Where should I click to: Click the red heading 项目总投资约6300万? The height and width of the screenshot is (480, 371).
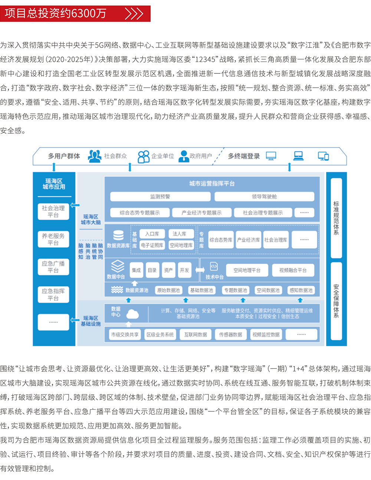coord(56,14)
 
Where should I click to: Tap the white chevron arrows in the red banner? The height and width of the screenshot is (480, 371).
coord(134,14)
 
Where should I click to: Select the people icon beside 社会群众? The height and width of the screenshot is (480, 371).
coord(95,156)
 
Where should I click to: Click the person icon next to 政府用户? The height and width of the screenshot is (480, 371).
coord(183,156)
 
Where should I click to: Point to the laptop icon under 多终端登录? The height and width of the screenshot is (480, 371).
coord(298,156)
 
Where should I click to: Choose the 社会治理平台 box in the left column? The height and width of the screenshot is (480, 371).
coord(53,212)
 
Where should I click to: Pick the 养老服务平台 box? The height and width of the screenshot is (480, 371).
coord(53,239)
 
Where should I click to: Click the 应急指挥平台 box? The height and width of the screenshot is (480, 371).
coord(53,295)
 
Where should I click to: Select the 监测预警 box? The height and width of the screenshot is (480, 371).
coord(160,196)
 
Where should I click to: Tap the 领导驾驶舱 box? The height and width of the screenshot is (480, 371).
coord(264,196)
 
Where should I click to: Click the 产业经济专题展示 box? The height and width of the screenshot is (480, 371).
coord(201,213)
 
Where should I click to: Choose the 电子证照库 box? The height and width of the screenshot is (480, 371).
coord(152,245)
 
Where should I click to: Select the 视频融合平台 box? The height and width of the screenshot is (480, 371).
coord(293,270)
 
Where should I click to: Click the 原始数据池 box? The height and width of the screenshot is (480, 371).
coord(168,290)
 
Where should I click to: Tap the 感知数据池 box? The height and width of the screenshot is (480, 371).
coord(301,290)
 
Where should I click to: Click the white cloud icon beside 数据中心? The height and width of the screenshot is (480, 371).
coord(132,314)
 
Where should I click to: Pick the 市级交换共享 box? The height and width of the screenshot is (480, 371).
coord(125,334)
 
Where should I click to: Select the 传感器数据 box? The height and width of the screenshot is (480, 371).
coord(230,334)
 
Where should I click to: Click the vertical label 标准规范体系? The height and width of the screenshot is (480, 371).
coord(336,218)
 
